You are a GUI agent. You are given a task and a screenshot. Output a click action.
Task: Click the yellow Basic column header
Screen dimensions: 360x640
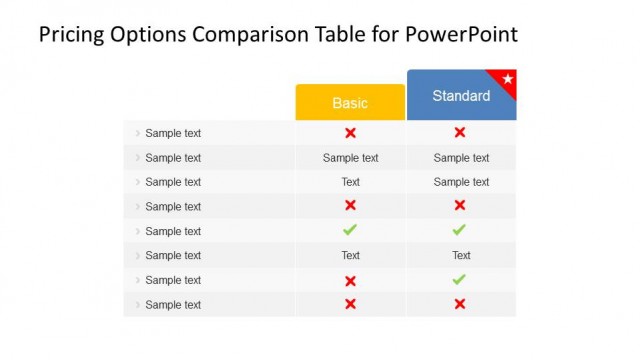[x=350, y=103]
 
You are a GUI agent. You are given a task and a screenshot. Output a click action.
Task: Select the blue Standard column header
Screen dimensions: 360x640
[x=461, y=96]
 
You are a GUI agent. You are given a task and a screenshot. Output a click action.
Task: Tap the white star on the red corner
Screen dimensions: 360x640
[x=507, y=78]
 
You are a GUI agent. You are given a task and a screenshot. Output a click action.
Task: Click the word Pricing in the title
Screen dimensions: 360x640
[x=73, y=35]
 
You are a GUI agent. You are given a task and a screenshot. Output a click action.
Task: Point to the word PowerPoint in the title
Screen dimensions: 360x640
[x=461, y=35]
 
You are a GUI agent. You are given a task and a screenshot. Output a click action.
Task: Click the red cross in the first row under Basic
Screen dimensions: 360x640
[x=350, y=133]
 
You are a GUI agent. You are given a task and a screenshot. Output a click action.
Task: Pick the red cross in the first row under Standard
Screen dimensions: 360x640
[x=460, y=133]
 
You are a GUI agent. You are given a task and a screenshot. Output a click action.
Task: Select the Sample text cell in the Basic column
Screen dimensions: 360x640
[x=350, y=158]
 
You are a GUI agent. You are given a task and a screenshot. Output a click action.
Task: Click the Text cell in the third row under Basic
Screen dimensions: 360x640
[x=350, y=182]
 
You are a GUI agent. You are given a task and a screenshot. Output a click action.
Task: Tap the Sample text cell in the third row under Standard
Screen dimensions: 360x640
[x=461, y=182]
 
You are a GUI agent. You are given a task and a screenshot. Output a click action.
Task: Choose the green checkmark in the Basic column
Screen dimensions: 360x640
[x=350, y=231]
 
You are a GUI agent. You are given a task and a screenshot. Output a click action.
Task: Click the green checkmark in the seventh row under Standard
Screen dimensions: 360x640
[x=460, y=280]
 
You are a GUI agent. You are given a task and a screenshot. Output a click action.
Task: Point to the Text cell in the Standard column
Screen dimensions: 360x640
[x=461, y=256]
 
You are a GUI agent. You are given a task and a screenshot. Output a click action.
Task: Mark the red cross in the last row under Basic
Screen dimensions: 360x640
[x=350, y=305]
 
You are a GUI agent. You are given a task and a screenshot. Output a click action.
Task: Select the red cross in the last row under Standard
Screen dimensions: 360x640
[x=460, y=305]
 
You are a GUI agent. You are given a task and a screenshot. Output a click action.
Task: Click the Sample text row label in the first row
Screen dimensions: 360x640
[x=173, y=133]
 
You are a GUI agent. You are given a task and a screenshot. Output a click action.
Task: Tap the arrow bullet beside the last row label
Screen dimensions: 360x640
[x=138, y=305]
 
